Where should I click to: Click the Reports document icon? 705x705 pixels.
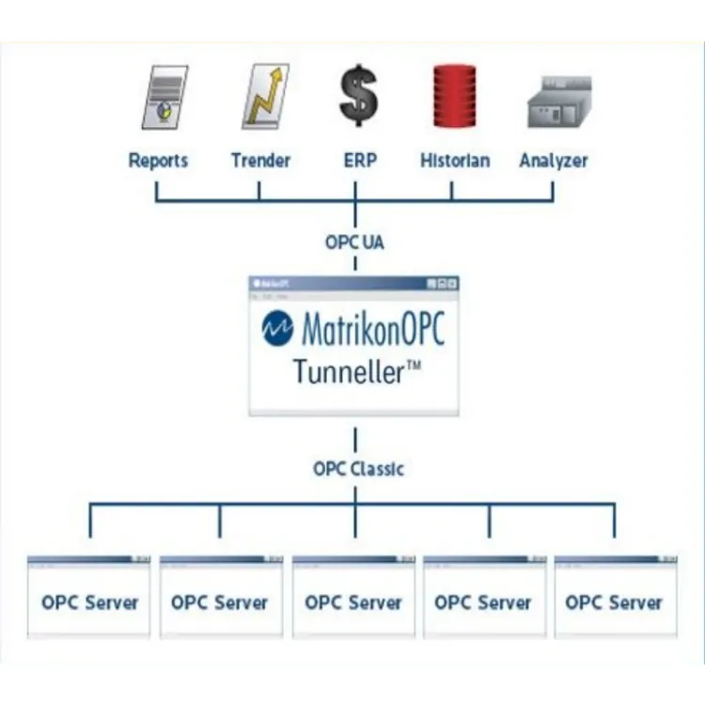point(164,98)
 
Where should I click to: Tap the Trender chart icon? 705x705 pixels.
point(264,97)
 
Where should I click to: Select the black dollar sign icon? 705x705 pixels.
point(358,96)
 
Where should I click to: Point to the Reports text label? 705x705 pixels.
point(159,161)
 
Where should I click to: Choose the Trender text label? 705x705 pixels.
point(260,161)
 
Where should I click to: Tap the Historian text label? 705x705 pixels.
point(455,161)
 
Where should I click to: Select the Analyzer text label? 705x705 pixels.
point(554,161)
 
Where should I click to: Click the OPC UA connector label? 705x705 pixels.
point(354,243)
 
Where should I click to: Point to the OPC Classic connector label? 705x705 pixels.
point(358,468)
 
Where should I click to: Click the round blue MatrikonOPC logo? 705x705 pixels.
point(278,329)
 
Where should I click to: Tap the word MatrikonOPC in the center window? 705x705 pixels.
point(372,330)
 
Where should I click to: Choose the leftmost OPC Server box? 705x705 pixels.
point(89,602)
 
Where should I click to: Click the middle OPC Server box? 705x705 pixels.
point(353,602)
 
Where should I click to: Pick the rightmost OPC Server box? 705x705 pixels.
point(614,602)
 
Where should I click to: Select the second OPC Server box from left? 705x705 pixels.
point(220,602)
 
